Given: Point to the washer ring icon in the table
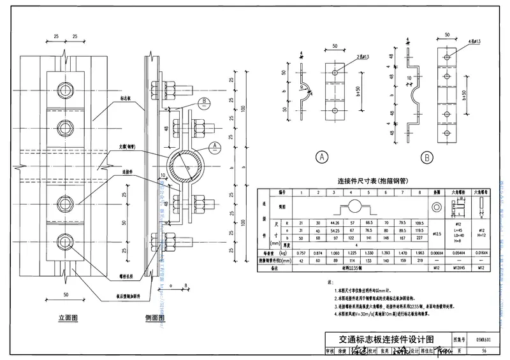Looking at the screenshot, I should click(437, 208).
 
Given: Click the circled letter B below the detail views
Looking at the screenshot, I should click(426, 156).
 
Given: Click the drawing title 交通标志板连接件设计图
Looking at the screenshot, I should click(379, 339).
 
